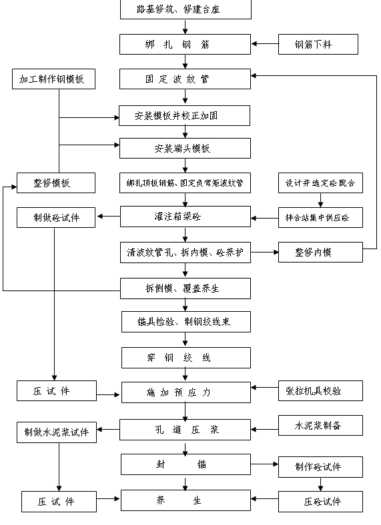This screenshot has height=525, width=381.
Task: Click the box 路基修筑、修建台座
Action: click(x=185, y=9)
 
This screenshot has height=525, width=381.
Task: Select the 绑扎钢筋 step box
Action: click(x=185, y=45)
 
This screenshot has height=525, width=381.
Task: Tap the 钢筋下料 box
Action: click(x=318, y=45)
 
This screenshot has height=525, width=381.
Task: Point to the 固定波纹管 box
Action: click(x=185, y=79)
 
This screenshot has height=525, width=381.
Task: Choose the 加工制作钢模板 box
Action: click(x=53, y=79)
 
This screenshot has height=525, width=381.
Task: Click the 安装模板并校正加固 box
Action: click(x=185, y=115)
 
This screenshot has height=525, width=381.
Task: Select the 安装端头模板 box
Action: click(x=185, y=148)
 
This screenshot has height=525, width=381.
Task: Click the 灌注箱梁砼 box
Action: click(x=185, y=217)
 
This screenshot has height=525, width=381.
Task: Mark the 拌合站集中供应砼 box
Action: click(x=320, y=217)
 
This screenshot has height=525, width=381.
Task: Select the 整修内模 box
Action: click(x=320, y=252)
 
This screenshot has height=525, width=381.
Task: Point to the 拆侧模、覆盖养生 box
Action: click(x=185, y=288)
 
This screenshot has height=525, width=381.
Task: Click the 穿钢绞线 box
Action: click(x=185, y=358)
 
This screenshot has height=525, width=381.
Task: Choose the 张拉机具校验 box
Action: click(x=320, y=391)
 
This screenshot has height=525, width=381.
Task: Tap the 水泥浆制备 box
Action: click(x=320, y=425)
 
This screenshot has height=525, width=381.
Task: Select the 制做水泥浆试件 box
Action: click(x=56, y=431)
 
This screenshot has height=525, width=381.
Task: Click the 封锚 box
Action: click(x=185, y=464)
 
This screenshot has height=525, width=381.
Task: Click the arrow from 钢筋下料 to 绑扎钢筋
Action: click(x=265, y=45)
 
